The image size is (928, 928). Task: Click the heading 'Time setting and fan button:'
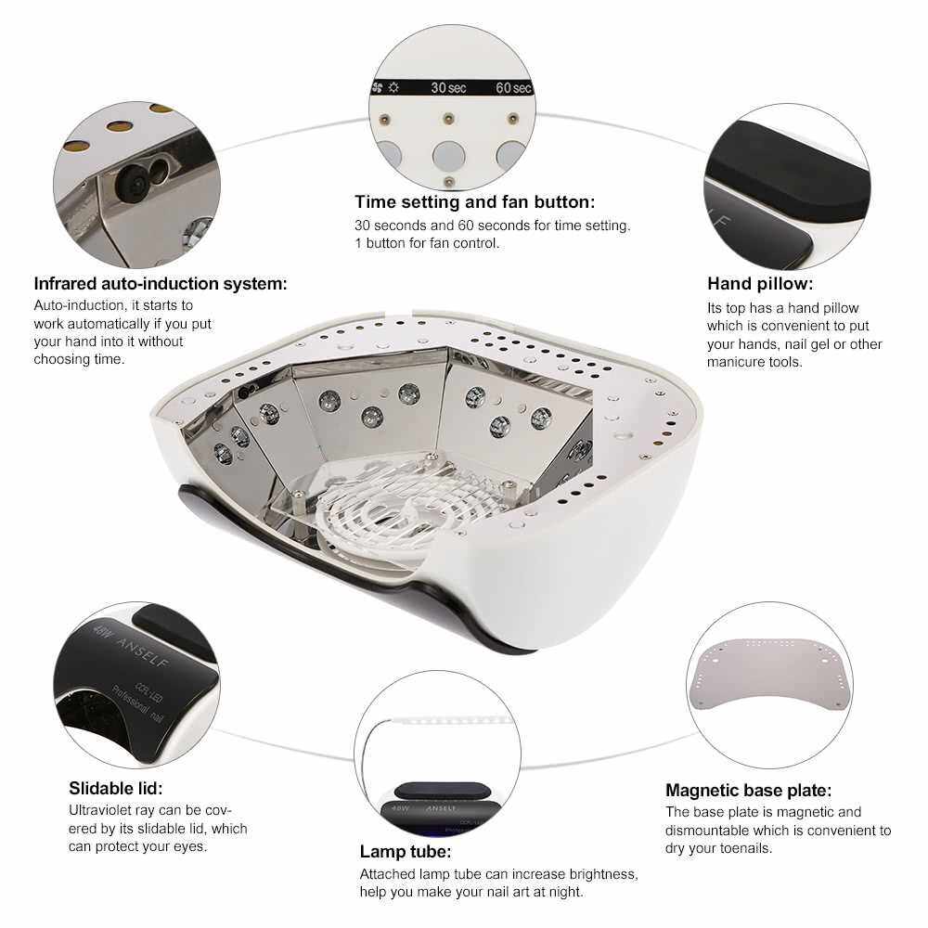474,202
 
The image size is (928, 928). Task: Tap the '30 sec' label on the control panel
448,87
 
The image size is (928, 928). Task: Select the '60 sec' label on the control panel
513,87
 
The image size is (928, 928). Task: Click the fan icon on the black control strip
377,87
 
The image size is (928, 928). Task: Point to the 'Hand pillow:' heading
760,283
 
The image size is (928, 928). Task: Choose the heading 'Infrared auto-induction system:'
161,283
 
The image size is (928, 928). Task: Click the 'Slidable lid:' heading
115,788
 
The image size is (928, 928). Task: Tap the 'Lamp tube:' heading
406,852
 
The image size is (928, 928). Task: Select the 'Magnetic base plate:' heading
749,790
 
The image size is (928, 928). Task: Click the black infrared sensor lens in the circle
131,181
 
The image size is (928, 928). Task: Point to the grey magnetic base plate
768,675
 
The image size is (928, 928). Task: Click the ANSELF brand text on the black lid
143,652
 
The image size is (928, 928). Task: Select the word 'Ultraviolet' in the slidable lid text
99,810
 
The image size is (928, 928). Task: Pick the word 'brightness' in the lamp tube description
604,875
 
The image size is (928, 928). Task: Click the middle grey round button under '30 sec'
448,156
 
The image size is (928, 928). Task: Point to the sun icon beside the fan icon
393,87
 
